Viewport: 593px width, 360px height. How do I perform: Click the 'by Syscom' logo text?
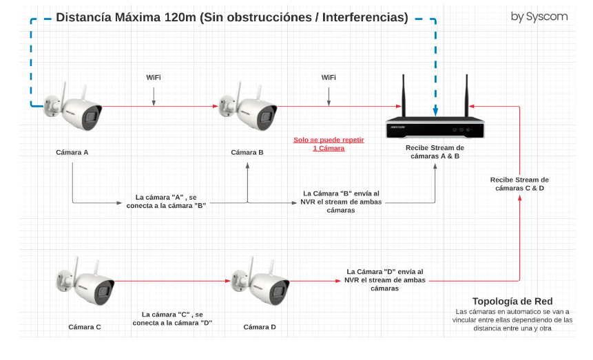click(539, 17)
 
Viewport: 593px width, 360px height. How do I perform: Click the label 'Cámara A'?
click(72, 152)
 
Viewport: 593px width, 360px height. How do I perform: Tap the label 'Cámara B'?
click(247, 152)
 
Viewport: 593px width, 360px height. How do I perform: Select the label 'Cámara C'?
click(85, 327)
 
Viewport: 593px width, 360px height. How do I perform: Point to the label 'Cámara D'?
click(260, 327)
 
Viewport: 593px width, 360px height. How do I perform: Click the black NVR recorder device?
click(435, 128)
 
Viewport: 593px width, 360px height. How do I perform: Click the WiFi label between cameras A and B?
click(154, 77)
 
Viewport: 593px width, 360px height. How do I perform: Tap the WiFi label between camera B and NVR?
click(329, 77)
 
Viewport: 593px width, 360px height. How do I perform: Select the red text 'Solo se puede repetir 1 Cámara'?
click(329, 144)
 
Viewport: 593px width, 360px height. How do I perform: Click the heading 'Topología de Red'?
click(512, 301)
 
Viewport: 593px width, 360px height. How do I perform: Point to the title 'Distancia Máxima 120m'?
click(231, 17)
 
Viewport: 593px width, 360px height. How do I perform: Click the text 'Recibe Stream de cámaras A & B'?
click(435, 152)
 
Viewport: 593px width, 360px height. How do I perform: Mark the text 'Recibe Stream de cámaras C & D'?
click(519, 184)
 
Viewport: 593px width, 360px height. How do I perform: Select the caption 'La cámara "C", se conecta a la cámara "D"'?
click(172, 318)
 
